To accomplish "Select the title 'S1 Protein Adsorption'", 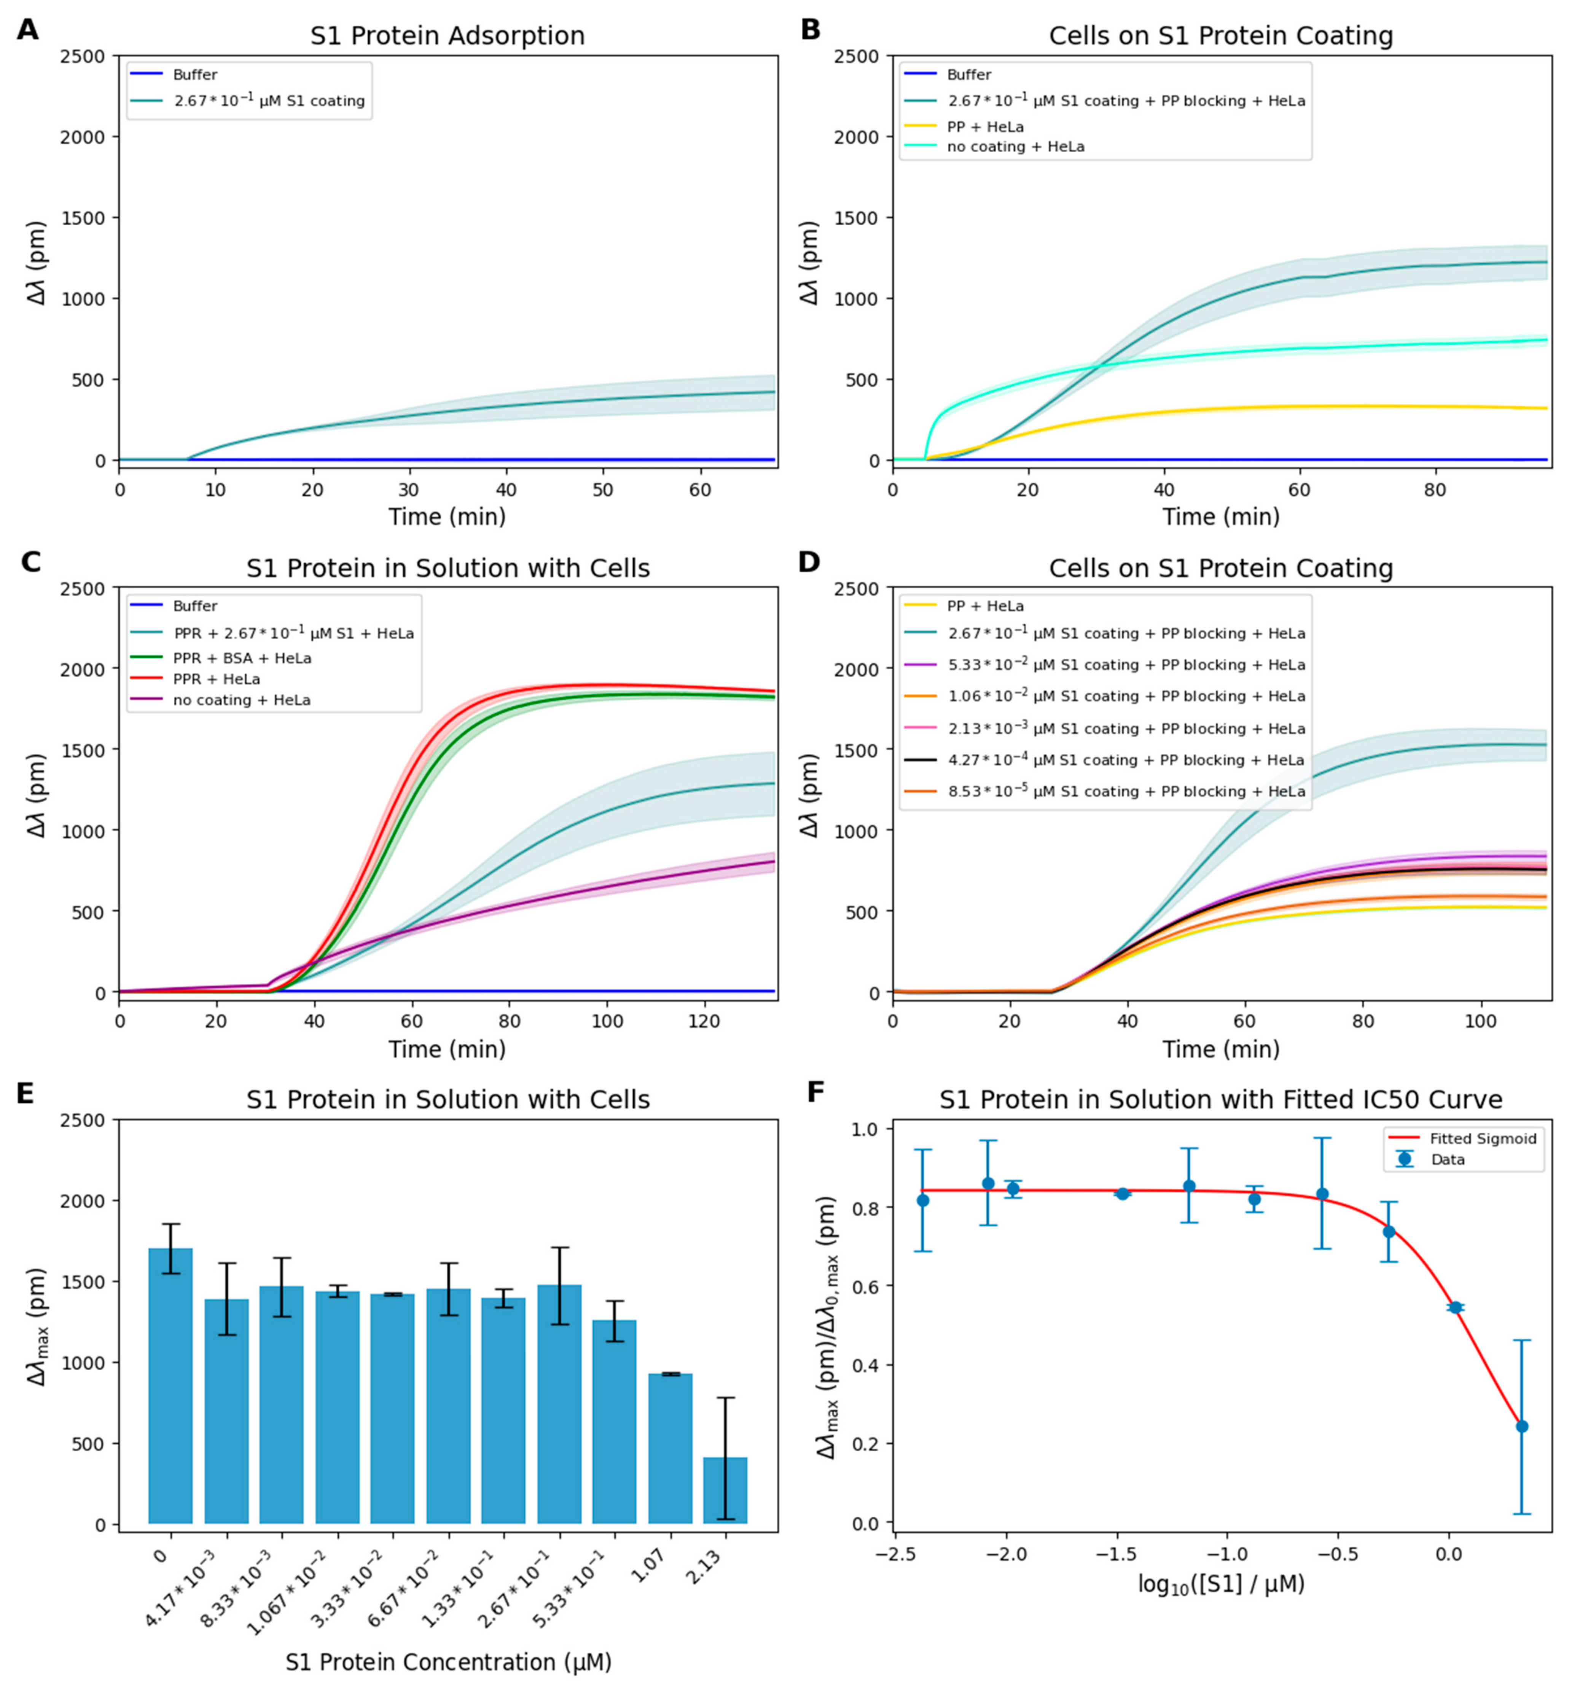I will tap(448, 36).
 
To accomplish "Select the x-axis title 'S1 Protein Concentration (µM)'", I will tap(448, 1661).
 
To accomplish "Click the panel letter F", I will tap(815, 1092).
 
